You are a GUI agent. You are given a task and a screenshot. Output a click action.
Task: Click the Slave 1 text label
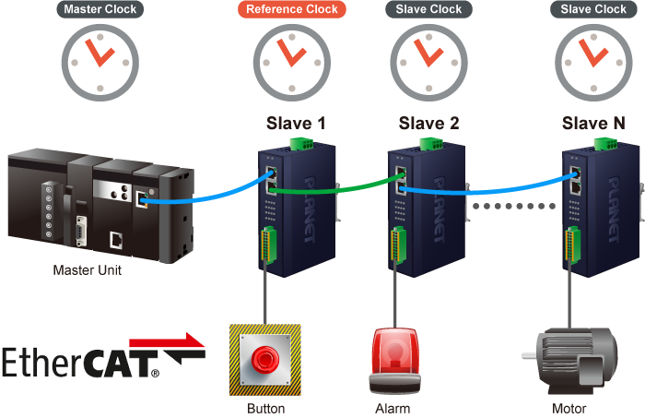(x=295, y=123)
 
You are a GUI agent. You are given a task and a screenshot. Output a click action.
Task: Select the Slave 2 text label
(x=428, y=123)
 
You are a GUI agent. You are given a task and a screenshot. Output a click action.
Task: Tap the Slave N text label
(x=593, y=123)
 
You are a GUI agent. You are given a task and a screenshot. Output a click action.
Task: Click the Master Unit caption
(x=87, y=270)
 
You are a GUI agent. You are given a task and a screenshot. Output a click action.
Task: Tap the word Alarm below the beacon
(x=393, y=408)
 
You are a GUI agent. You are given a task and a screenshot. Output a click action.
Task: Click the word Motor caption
(x=569, y=408)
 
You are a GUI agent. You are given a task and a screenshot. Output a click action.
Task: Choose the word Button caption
(x=266, y=408)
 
